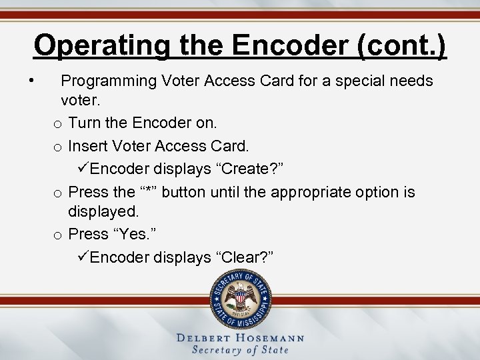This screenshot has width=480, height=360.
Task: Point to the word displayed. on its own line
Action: coord(103,212)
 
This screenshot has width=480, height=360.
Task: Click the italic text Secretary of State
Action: coord(240,350)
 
